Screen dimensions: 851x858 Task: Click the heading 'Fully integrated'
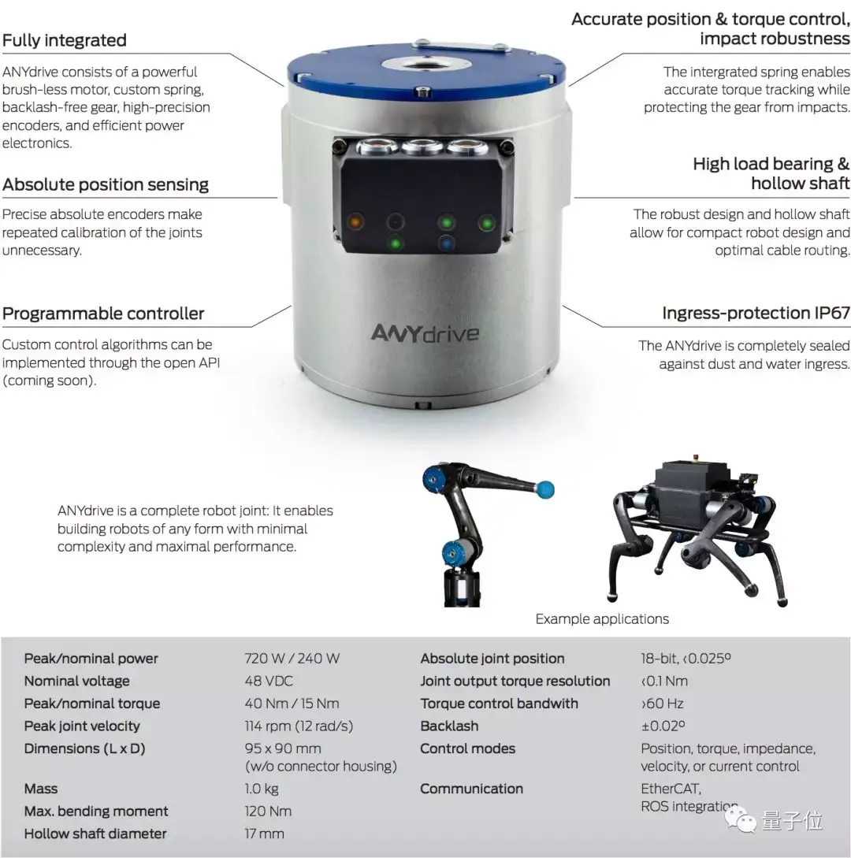tap(65, 40)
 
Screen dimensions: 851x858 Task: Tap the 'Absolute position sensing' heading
tap(106, 184)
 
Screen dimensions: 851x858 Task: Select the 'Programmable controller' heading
tap(103, 314)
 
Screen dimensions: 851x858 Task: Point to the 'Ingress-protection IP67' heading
tap(756, 313)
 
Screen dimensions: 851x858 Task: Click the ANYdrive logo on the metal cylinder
tap(425, 332)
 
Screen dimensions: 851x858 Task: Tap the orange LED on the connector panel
tap(355, 221)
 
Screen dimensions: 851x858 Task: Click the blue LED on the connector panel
tap(447, 243)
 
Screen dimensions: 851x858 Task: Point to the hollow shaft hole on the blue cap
tap(425, 63)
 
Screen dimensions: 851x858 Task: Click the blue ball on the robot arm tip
tap(544, 489)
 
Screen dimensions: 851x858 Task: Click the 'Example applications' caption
tap(602, 618)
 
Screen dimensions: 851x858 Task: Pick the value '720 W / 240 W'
tap(292, 659)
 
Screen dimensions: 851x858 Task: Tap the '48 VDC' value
tap(269, 682)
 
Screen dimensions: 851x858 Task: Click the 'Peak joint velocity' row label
tap(82, 726)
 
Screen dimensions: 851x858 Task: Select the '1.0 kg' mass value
tap(262, 789)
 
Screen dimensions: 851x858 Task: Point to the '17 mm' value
tap(264, 834)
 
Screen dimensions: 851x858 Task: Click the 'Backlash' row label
tap(449, 726)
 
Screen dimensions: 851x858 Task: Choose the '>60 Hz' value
tap(662, 704)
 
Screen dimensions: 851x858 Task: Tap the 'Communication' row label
tap(472, 789)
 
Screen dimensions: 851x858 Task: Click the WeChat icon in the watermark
tap(740, 820)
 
